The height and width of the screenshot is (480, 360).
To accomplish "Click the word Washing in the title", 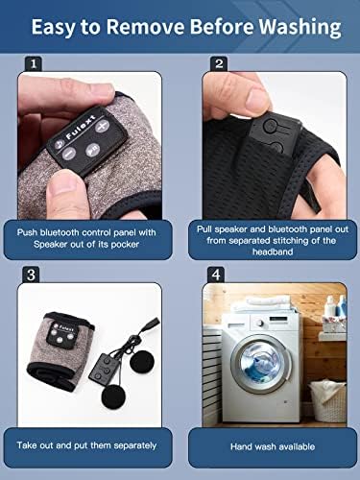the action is click(x=300, y=28).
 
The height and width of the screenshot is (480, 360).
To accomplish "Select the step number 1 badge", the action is click(x=34, y=64).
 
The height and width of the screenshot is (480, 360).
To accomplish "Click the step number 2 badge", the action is click(x=219, y=63).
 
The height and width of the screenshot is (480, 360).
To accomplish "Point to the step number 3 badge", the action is click(x=31, y=275).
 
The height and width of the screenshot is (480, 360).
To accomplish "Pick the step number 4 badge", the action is click(x=216, y=275).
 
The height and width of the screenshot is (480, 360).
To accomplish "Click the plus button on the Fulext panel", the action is click(x=102, y=127).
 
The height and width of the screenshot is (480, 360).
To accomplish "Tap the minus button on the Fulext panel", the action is click(x=68, y=154).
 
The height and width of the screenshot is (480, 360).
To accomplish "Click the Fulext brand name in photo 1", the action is click(x=81, y=127).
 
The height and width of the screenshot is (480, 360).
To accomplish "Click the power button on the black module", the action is click(x=271, y=126).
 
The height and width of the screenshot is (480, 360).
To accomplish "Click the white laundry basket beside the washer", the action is click(x=328, y=401).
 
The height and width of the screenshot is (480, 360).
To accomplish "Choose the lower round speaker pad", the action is click(x=115, y=396).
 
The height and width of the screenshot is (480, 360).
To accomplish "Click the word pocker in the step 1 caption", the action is click(x=125, y=245).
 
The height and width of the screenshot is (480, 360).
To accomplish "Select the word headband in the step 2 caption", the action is click(x=273, y=252).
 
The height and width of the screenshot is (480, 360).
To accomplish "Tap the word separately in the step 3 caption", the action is click(x=135, y=445).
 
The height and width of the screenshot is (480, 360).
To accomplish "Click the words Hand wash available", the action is click(x=273, y=446).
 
